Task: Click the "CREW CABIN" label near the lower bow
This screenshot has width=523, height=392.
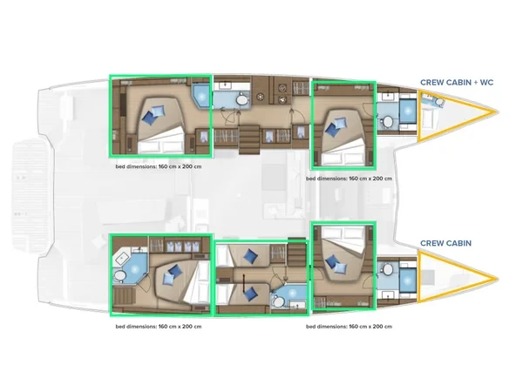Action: pos(446,244)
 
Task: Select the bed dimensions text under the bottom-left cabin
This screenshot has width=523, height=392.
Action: pos(160,327)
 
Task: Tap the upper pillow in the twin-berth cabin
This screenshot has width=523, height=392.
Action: pos(250,255)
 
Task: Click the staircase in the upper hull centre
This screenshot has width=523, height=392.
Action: pos(251,135)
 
